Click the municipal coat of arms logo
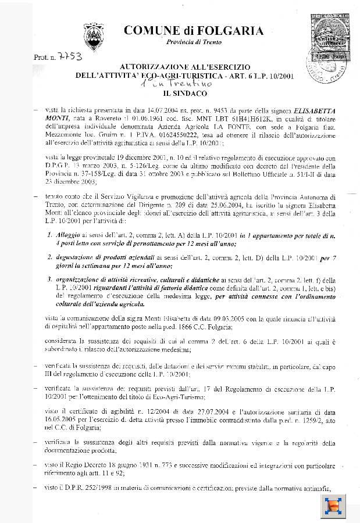(94, 37)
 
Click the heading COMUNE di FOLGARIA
(194, 31)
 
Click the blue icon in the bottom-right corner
(334, 504)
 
